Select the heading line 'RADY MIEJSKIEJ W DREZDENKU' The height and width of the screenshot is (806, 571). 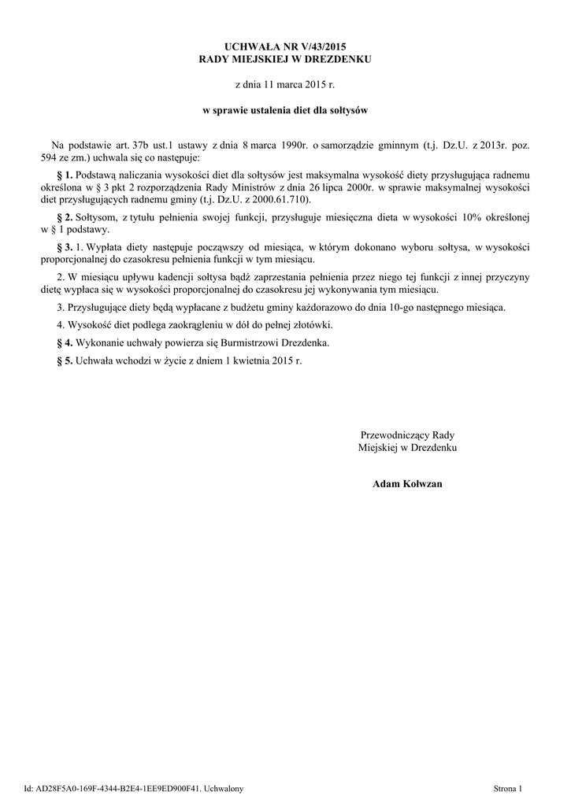point(285,59)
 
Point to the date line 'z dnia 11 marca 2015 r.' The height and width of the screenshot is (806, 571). point(285,83)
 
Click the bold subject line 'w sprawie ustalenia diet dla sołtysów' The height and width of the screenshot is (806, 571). point(285,111)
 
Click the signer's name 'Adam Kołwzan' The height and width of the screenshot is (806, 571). point(407,483)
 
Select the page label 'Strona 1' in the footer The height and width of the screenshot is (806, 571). point(508,788)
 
